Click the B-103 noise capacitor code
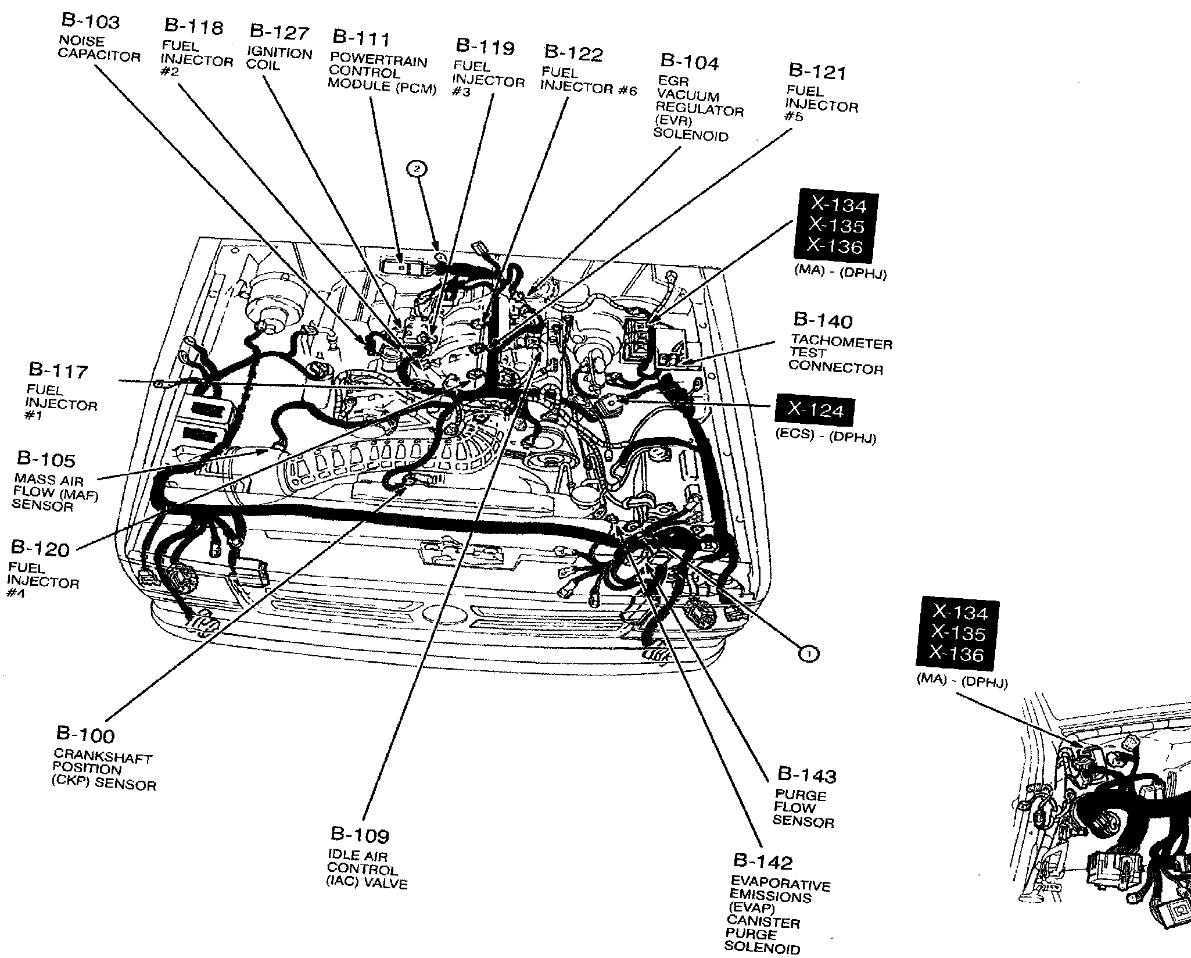pos(90,22)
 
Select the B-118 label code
pos(193,27)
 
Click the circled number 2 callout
pos(417,169)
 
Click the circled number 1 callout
pos(809,654)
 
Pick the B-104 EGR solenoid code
pos(689,62)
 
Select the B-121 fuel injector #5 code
pos(817,72)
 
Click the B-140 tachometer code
pos(823,321)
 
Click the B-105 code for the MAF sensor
pos(46,459)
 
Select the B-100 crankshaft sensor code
pos(85,735)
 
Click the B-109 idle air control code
pos(360,835)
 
